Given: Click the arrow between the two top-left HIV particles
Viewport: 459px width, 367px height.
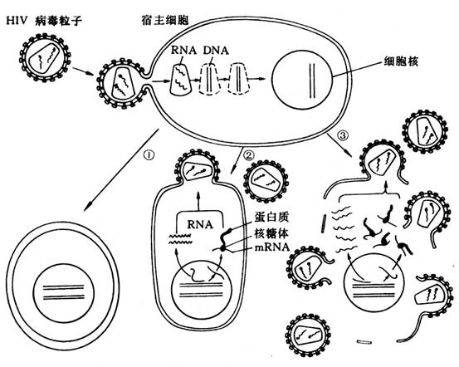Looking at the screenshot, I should tap(80, 71).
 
